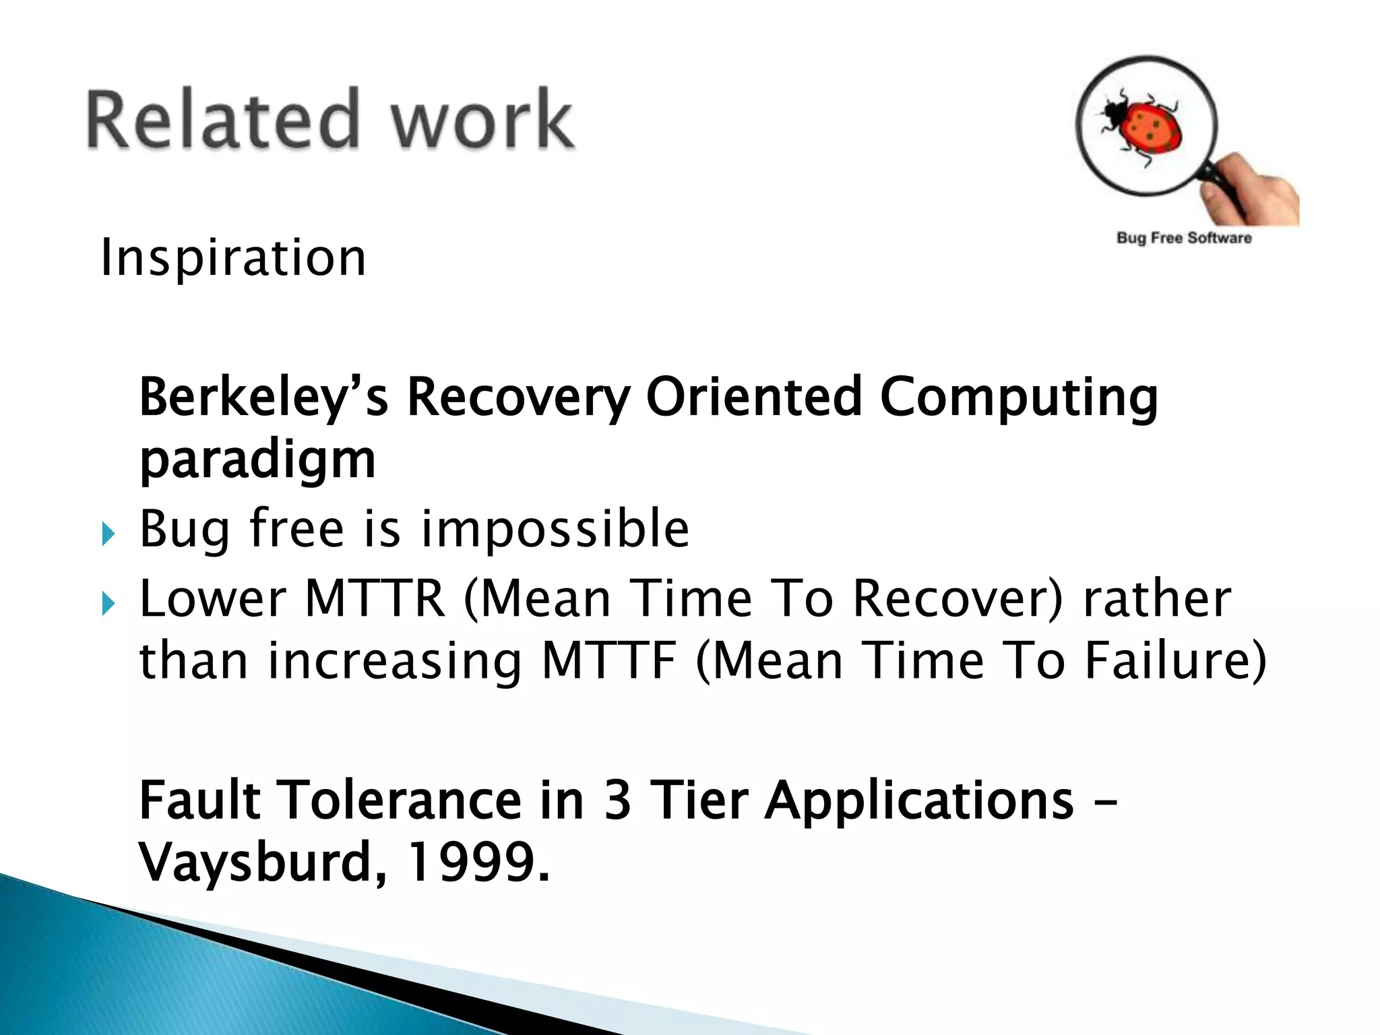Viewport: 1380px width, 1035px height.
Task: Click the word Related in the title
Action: (222, 119)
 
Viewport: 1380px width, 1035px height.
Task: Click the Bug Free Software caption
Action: (1184, 238)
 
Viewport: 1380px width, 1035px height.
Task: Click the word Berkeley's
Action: (263, 398)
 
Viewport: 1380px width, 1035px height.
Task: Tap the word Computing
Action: (1018, 398)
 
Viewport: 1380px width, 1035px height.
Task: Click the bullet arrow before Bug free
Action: (108, 536)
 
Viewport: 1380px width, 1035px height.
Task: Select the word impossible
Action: (555, 529)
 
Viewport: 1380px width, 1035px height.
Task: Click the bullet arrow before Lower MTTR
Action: (108, 604)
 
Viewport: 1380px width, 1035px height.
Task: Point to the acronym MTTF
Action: (608, 660)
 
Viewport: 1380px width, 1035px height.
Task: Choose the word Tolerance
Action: (401, 800)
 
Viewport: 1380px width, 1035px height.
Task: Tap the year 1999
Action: (472, 862)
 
